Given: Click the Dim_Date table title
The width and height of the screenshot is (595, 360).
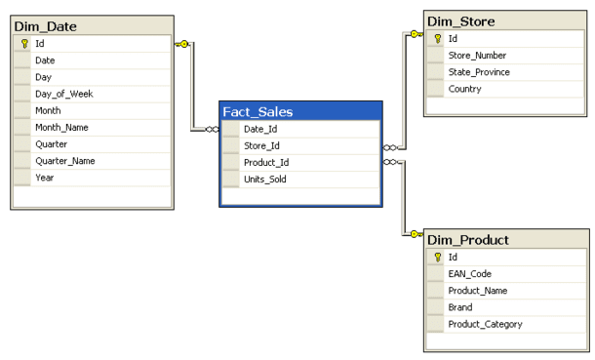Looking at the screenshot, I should click(x=46, y=25).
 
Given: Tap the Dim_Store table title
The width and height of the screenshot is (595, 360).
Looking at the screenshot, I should click(x=461, y=20).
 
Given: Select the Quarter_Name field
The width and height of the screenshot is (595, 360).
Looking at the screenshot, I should click(x=65, y=161).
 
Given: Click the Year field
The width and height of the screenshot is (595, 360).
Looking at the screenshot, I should click(x=45, y=178).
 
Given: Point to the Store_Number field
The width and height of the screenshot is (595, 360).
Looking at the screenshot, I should click(x=478, y=55).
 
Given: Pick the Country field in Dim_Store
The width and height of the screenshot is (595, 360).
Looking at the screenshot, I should click(x=465, y=88).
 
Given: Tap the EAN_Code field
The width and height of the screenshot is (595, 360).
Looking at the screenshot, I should click(x=470, y=273).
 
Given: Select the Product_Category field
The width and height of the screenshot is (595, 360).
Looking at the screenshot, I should click(x=485, y=324).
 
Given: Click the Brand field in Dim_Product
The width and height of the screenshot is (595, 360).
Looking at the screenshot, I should click(x=461, y=306).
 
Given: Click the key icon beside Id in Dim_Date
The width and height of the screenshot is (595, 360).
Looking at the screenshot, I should click(x=22, y=43).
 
